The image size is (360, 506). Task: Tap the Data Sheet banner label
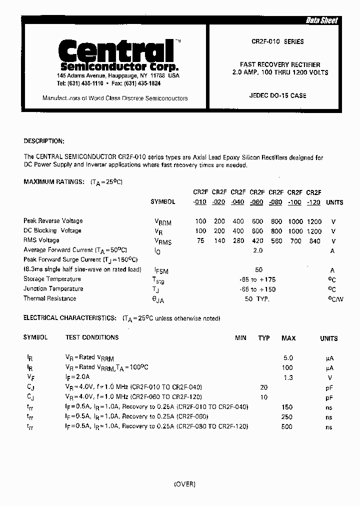point(321,20)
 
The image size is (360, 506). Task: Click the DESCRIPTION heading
point(44,141)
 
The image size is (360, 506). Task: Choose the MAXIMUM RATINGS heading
point(54,182)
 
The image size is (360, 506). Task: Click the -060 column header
point(257,202)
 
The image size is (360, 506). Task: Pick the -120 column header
point(313,202)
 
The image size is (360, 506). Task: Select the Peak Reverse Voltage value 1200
point(314,221)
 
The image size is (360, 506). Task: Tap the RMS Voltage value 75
point(200,240)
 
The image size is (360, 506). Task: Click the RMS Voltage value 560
point(276,240)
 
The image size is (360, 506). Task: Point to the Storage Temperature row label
point(52,279)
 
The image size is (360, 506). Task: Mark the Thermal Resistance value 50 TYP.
point(257,299)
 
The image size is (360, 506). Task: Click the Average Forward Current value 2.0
point(258,250)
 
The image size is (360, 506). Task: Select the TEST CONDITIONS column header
point(92,337)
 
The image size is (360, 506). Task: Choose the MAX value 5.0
point(288,358)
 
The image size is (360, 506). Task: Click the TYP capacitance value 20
point(264,387)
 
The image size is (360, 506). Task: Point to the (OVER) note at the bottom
point(184,484)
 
